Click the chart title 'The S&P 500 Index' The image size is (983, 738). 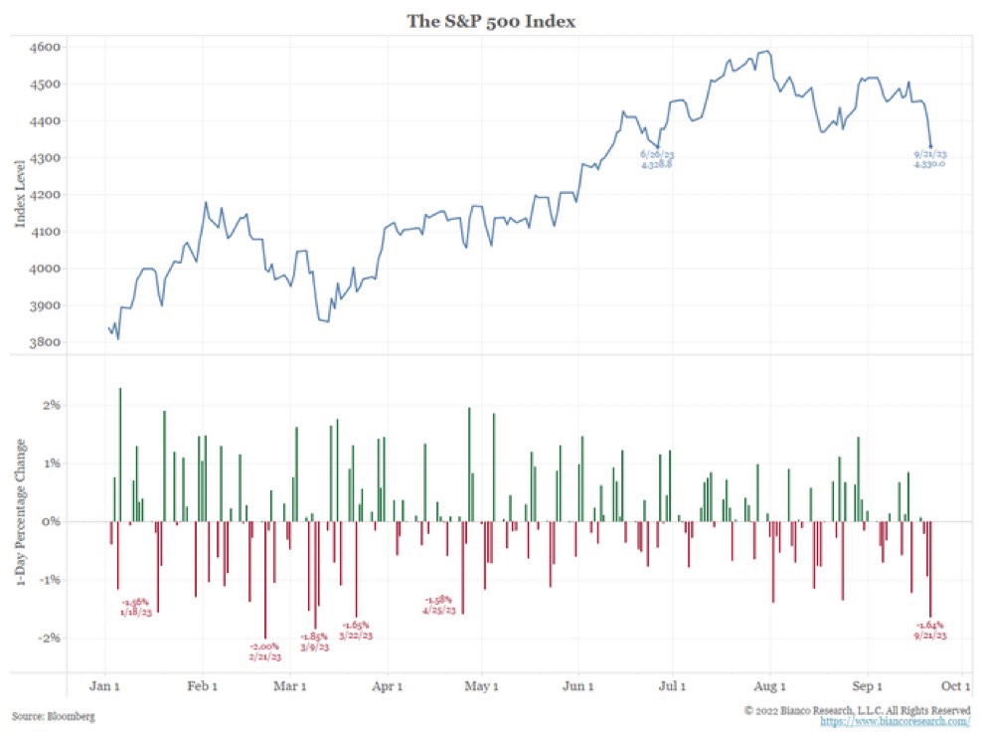coord(491,19)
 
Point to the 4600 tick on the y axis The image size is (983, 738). coord(47,48)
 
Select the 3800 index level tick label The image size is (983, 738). coord(47,343)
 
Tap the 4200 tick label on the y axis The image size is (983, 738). coord(47,195)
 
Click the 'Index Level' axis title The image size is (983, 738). coord(20,194)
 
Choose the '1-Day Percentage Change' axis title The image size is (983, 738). coord(20,520)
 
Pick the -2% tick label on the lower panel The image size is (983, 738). coord(50,639)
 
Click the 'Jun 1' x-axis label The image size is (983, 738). coord(577,685)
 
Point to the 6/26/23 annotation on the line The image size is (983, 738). coord(657,159)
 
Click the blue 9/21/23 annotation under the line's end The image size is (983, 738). coord(929,159)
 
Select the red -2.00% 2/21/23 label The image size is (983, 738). coord(265,651)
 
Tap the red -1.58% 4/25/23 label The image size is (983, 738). coord(438,605)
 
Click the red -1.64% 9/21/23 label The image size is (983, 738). coord(929,631)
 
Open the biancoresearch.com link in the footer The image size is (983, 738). coord(895,722)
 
